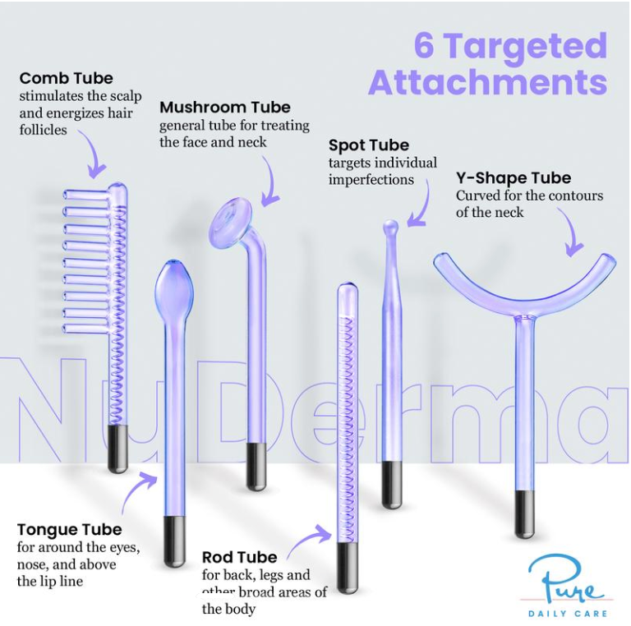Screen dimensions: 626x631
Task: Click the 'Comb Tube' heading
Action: (x=66, y=79)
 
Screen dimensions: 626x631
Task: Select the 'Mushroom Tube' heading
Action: (x=224, y=108)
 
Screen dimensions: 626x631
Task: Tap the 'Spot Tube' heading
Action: (x=368, y=145)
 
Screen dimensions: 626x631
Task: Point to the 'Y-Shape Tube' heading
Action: (x=513, y=178)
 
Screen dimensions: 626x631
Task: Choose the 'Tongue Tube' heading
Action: (x=69, y=530)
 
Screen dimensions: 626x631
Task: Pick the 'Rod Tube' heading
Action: (x=239, y=558)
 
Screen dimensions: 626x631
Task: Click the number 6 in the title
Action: (x=424, y=46)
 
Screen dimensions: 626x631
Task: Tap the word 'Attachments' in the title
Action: (x=487, y=83)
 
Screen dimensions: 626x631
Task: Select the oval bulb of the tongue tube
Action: (x=174, y=282)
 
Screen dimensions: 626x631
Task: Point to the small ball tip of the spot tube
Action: (x=391, y=225)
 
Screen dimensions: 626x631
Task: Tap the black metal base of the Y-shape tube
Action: (x=525, y=514)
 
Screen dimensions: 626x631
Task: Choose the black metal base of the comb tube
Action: (x=118, y=449)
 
